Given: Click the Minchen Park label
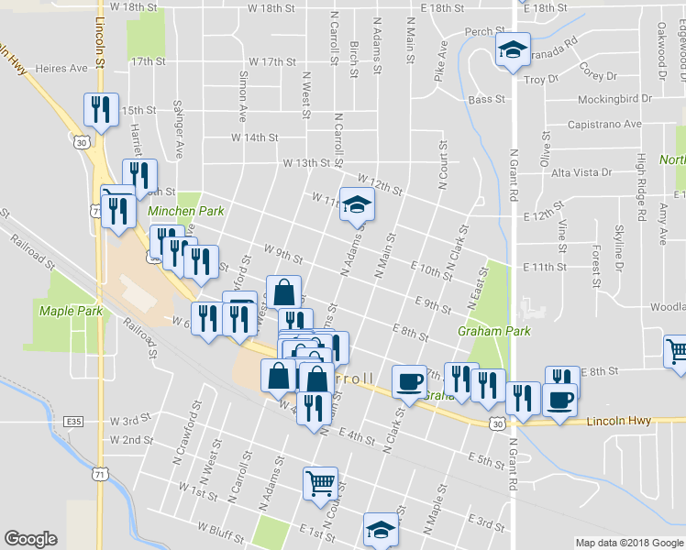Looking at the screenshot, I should point(186,211).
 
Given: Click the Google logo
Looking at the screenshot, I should point(30,539).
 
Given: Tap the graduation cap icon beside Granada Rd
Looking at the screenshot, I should point(513,50).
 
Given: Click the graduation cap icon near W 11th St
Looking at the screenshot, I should point(357,205).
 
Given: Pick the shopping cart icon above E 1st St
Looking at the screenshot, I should point(320,482).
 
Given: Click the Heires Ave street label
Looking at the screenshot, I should point(62,68).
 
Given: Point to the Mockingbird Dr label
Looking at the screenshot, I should point(614,97).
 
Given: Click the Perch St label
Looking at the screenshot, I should point(479,31).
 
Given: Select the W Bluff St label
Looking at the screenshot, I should point(224,528).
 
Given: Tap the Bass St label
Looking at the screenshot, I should point(487,99).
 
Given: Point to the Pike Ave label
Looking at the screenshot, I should point(441,58).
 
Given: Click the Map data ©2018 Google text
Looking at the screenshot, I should point(628,543).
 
